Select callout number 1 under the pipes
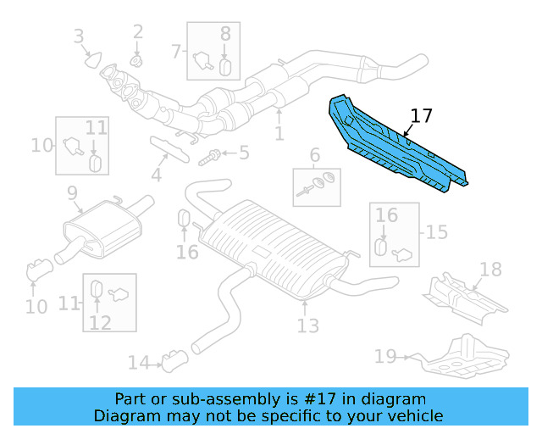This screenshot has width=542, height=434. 279,134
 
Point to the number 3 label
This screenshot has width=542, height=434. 79,36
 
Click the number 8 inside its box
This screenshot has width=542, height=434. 225,34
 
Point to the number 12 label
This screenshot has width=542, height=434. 100,322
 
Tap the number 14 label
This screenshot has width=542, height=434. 138,364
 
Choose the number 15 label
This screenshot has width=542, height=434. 437,232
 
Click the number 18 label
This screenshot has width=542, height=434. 490,270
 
